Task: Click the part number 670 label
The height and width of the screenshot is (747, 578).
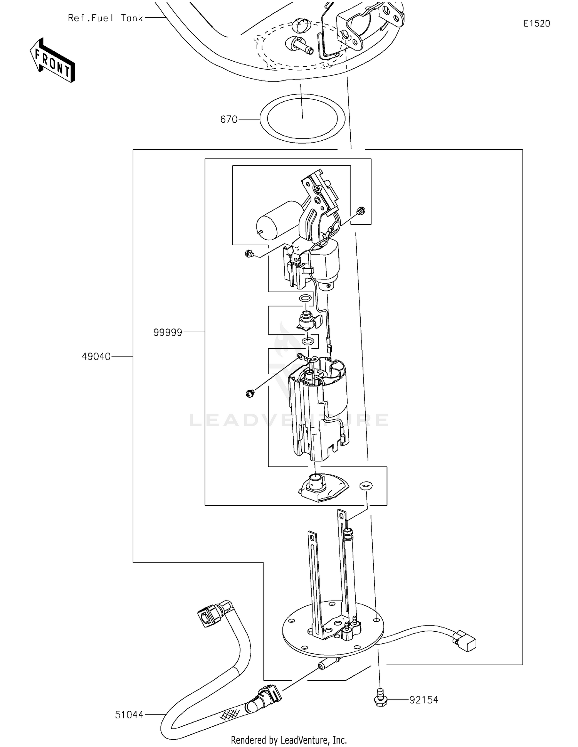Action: click(229, 119)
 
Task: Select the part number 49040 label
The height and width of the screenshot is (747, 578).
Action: click(96, 357)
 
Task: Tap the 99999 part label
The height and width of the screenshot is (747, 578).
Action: click(168, 332)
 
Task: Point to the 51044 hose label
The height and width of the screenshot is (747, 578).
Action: click(129, 715)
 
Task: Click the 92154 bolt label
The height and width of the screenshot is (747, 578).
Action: click(423, 700)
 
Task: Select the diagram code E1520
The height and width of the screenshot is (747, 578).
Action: click(536, 24)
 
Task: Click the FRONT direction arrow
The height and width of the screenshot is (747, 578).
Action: click(52, 61)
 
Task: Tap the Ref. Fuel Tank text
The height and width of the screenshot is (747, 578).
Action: click(105, 18)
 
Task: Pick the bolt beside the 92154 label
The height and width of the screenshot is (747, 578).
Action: click(381, 698)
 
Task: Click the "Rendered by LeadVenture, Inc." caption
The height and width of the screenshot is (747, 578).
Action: click(289, 740)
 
